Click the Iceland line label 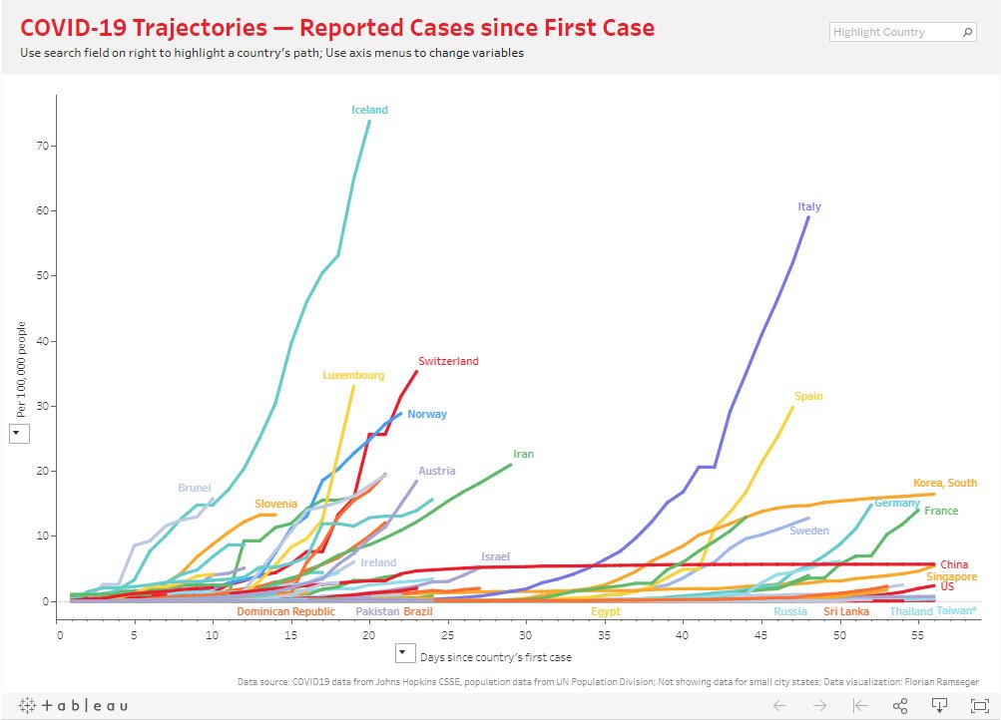point(369,110)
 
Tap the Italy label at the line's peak point(809,207)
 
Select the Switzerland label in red point(448,361)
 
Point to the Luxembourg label point(353,376)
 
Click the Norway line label point(427,414)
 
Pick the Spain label point(808,396)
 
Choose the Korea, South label point(945,483)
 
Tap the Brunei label point(195,488)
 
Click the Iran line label point(523,454)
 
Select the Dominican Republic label point(285,611)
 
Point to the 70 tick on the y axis point(43,146)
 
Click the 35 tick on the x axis point(605,634)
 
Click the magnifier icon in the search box point(966,32)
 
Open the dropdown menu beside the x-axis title point(403,654)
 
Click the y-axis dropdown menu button point(20,434)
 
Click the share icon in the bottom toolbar point(900,705)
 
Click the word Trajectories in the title point(184,28)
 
